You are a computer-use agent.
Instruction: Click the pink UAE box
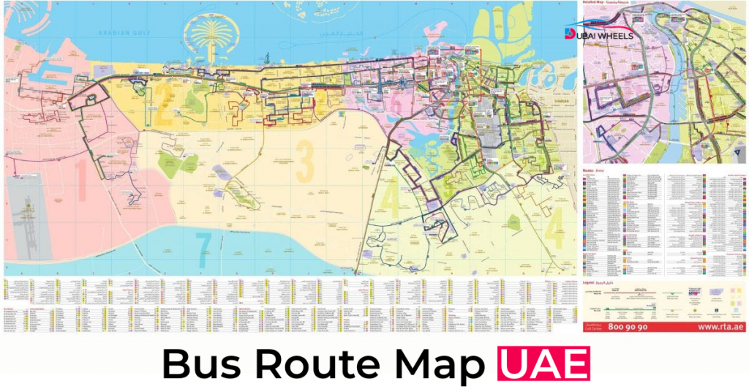pyautogui.click(x=543, y=364)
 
